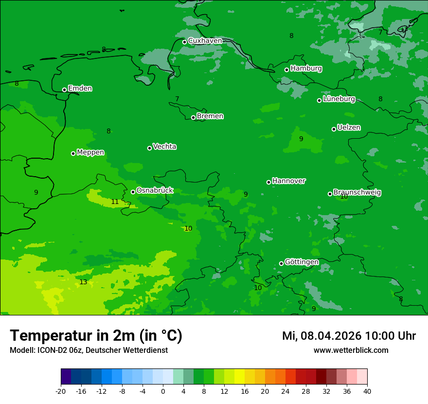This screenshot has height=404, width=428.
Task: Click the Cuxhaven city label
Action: [205, 41]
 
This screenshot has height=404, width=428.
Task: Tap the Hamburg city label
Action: [306, 69]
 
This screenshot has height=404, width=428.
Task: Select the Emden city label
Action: [80, 89]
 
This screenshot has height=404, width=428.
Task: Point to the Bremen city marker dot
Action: [193, 117]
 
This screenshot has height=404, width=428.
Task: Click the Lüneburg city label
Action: [339, 99]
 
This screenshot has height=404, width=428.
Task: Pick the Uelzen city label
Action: [349, 128]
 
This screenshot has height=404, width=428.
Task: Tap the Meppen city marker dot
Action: [73, 153]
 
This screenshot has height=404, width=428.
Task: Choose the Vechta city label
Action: [164, 147]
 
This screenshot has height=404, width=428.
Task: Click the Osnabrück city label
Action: [155, 191]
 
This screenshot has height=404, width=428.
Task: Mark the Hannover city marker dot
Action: [268, 182]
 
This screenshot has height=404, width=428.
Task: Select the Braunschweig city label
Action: [357, 193]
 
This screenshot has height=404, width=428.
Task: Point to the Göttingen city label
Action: [302, 262]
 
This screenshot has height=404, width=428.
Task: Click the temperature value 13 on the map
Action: [83, 282]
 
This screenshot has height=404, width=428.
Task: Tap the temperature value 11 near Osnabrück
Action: [115, 202]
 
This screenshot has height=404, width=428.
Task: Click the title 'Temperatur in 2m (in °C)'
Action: [96, 336]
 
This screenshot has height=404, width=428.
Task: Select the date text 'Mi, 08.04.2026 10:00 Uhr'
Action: [349, 336]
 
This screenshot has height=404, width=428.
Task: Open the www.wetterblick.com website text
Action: [351, 350]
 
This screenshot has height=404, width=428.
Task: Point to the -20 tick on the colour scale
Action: [61, 391]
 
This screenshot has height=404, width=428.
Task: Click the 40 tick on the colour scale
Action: [367, 391]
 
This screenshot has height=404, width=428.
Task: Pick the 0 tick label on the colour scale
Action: [163, 391]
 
